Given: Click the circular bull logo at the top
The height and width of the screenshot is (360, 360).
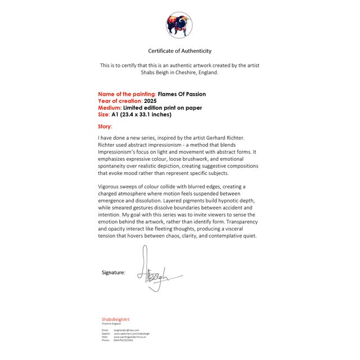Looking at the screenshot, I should click(x=179, y=25).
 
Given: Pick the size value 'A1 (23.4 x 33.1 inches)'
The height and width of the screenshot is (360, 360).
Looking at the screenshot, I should click(x=141, y=114).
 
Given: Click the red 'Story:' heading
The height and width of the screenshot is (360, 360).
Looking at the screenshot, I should click(x=105, y=127).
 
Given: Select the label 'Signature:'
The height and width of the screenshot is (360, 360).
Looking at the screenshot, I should click(x=114, y=272).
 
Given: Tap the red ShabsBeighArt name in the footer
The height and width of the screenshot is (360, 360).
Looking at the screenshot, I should click(x=115, y=319).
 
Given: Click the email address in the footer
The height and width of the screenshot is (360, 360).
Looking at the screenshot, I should click(x=126, y=330).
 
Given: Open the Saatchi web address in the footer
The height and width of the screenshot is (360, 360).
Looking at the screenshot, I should click(x=132, y=334).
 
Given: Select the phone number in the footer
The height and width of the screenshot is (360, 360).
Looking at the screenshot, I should click(x=124, y=340).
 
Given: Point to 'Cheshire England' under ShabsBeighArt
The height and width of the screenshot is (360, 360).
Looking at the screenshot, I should click(x=111, y=324).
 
